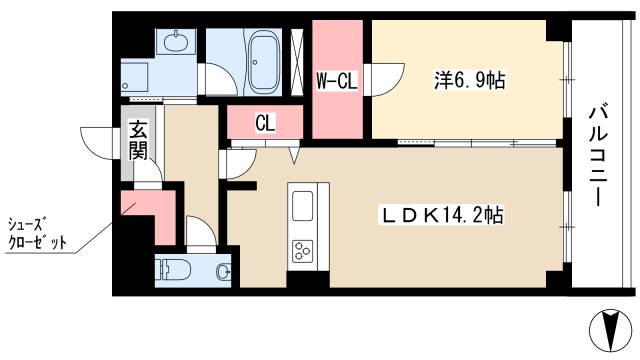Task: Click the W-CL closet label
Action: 337,81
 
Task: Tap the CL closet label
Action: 265,122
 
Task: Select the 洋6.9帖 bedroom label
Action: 469,80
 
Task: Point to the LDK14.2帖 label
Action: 442,215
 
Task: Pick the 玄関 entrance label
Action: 138,140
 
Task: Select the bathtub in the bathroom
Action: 264,63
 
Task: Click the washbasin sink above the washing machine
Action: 176,41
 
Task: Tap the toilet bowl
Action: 176,269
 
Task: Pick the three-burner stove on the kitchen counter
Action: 303,250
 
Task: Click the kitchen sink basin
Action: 303,206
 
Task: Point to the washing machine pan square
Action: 135,78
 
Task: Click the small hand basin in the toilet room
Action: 223,270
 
